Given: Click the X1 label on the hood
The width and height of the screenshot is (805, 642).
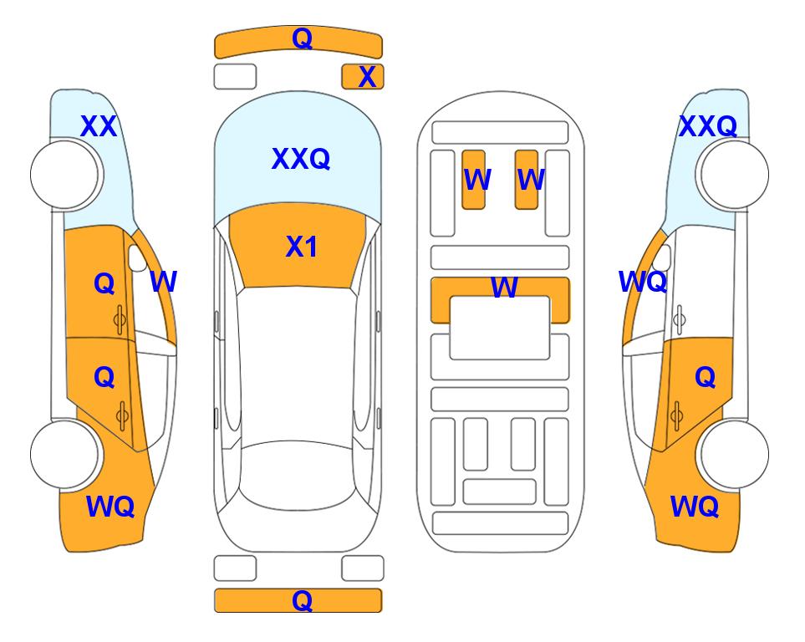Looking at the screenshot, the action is point(302,247).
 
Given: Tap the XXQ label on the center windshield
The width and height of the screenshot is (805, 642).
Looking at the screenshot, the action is point(301,158).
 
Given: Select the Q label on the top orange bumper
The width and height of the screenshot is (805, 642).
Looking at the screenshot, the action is point(302,38).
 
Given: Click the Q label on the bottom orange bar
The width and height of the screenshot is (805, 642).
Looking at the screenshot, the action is point(302,600).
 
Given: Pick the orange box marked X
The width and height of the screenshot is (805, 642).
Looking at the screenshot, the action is point(363,77).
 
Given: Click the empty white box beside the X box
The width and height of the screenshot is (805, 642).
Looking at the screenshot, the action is point(235,77).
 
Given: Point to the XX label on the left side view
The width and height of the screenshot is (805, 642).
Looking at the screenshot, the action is point(99,126).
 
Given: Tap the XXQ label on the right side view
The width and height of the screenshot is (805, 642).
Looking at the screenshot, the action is point(708,126).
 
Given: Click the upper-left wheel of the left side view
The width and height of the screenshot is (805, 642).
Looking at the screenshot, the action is point(64,175).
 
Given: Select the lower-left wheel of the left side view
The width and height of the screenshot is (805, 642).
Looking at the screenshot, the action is point(64,454).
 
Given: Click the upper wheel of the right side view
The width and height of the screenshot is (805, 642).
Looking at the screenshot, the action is point(735,175).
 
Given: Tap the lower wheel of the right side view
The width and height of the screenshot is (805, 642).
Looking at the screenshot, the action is point(735,454).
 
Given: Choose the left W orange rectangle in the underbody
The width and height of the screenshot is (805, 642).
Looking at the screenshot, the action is point(473,180).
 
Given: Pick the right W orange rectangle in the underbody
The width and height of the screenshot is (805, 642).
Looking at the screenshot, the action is point(527,180).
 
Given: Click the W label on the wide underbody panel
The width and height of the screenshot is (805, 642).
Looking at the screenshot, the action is point(504,287).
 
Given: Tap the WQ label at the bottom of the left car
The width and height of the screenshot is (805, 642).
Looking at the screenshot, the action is point(110,507).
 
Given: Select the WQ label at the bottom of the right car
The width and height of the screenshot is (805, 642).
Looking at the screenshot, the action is point(695,507).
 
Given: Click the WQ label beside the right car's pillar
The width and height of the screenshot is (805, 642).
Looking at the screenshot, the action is point(643,282).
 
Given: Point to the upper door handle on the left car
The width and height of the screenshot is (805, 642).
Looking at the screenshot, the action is point(120,320).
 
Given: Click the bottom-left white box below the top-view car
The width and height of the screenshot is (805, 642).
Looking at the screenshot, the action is point(235,568).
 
